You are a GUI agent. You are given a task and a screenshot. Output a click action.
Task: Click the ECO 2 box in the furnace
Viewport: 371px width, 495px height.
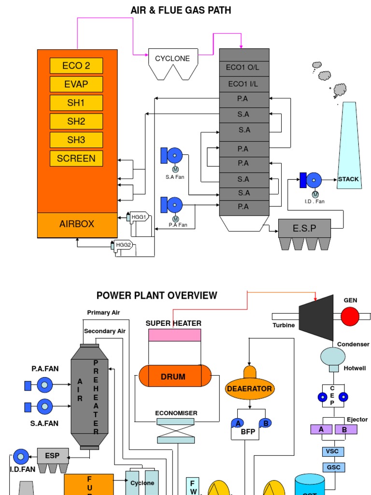point(76,66)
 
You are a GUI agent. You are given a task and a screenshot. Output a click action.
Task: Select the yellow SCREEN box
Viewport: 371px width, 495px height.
point(76,158)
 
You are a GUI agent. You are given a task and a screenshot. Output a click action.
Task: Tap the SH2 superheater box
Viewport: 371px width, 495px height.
point(76,121)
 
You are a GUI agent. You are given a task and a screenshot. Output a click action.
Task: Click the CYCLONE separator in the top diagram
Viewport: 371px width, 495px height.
point(172,63)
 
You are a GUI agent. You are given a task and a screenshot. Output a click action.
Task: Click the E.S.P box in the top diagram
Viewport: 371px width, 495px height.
point(304,228)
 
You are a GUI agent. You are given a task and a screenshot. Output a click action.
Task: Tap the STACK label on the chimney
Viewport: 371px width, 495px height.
point(348,179)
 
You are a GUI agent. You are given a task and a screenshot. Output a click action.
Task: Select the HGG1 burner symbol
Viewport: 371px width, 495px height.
point(139,218)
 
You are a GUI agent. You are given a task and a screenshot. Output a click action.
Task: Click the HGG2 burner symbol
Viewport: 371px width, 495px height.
point(124,245)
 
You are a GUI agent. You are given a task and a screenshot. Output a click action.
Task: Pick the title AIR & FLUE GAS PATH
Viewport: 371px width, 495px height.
point(181,10)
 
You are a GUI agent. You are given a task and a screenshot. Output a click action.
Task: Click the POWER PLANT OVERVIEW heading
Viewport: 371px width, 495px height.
point(157,295)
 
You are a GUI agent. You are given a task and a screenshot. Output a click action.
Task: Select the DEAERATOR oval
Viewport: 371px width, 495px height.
point(249,388)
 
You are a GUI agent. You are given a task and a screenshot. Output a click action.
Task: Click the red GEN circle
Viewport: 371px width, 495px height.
point(350,317)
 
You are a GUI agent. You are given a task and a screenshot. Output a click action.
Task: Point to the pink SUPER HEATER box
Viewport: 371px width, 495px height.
point(174,335)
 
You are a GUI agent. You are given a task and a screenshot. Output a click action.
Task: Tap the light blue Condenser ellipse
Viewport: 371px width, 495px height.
point(333,357)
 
